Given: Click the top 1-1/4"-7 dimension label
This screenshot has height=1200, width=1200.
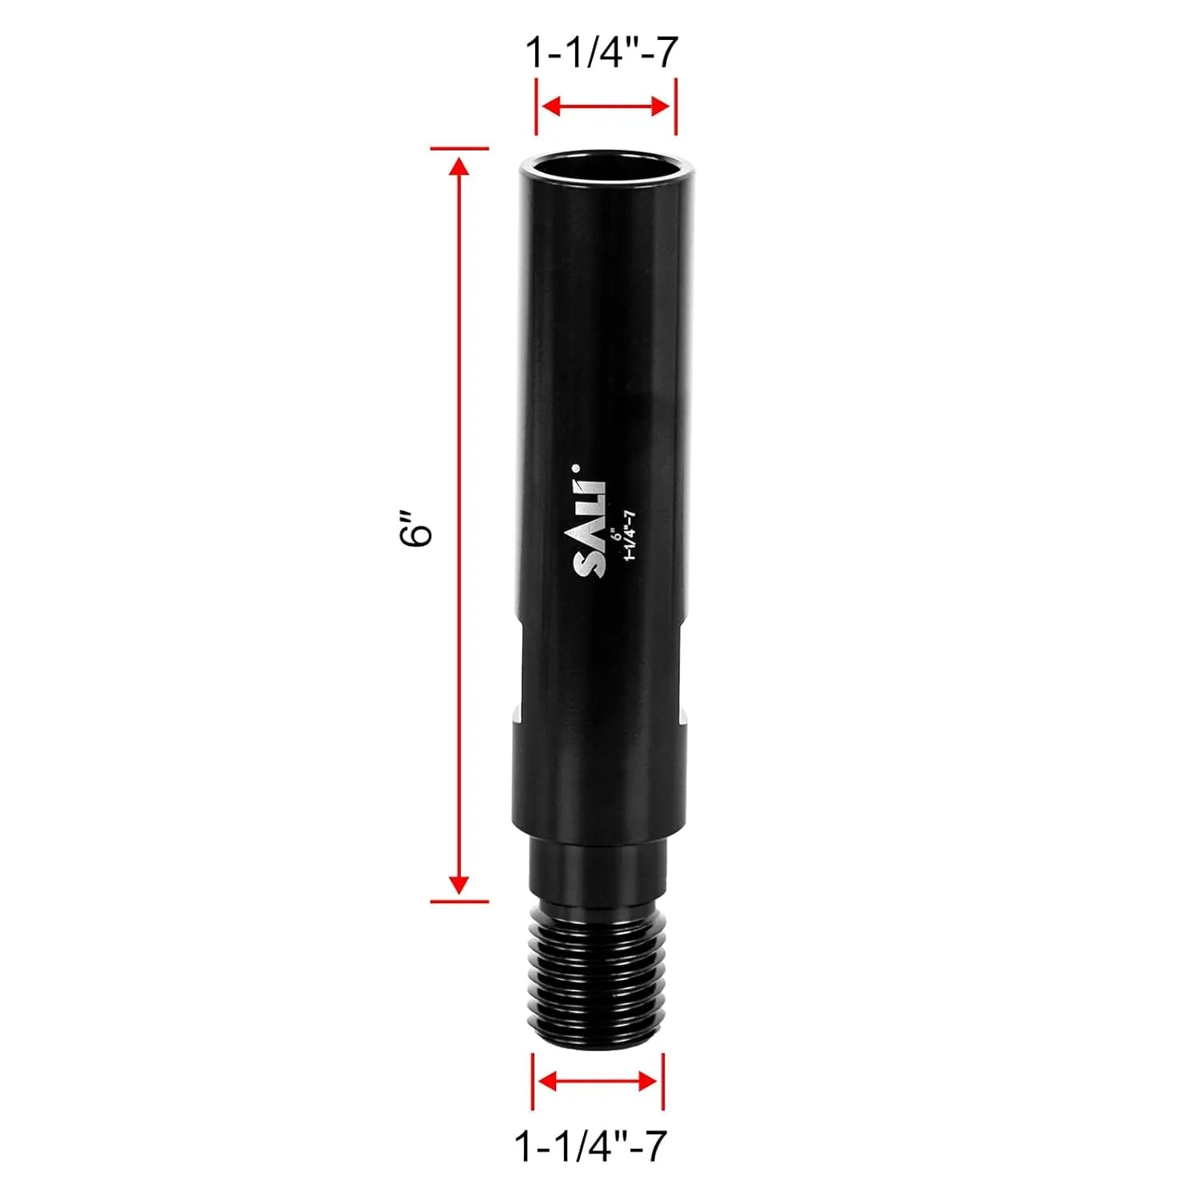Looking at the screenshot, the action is pyautogui.click(x=602, y=53).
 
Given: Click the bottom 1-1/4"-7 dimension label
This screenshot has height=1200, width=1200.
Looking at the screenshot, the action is pyautogui.click(x=590, y=1146).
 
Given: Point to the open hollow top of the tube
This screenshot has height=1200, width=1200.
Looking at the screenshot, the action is pyautogui.click(x=600, y=170).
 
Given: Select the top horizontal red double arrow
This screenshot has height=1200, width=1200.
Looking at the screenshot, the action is pyautogui.click(x=606, y=106).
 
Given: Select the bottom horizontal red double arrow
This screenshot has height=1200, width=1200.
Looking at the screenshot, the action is pyautogui.click(x=598, y=1082).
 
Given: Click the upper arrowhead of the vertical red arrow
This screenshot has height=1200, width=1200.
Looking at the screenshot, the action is pyautogui.click(x=459, y=166).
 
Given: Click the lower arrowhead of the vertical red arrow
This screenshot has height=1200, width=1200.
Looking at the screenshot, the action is pyautogui.click(x=459, y=883).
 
